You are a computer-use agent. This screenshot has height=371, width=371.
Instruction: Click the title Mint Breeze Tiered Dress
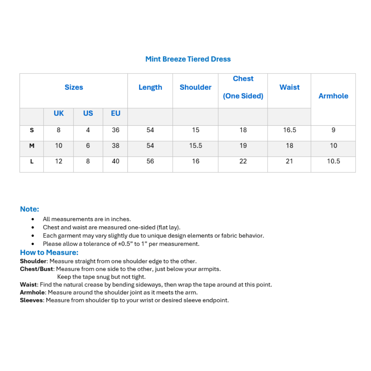point(188,59)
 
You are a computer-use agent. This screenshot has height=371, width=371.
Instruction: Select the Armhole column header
point(333,96)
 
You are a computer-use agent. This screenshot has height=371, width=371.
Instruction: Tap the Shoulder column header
point(195,87)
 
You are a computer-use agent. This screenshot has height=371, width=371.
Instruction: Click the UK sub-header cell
point(58,113)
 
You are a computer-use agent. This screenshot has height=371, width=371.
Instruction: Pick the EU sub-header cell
point(115,113)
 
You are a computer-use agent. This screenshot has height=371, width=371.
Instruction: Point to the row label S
point(32,130)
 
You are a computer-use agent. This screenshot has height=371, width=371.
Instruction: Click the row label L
point(32,161)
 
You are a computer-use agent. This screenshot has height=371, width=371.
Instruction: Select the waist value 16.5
point(289,130)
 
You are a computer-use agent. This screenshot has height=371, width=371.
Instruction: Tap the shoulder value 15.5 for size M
point(195,146)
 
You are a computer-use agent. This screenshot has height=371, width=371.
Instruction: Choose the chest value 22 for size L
point(243,161)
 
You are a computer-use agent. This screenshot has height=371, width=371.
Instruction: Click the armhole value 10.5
point(333,161)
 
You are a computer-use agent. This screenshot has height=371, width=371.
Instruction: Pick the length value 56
point(150,161)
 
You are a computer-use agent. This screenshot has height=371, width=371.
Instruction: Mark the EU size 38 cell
point(115,146)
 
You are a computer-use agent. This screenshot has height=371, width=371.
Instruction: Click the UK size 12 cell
point(58,161)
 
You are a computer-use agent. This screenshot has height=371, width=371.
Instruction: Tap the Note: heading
point(30,209)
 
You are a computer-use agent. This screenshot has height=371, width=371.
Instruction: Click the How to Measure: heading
point(49,253)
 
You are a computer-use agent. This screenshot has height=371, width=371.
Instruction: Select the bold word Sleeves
point(32,300)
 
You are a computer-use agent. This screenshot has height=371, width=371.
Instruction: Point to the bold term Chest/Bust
point(36,269)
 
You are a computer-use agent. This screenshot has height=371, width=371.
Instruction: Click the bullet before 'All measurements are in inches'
point(33,219)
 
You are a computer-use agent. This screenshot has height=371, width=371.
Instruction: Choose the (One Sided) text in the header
point(243,96)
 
